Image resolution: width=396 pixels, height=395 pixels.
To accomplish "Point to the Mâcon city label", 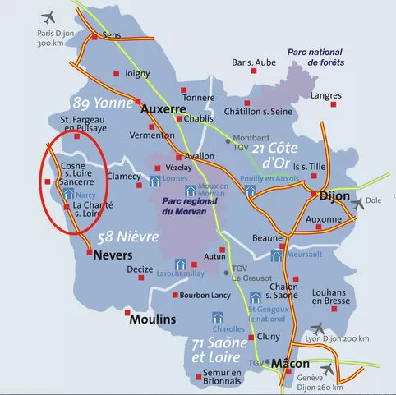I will point(290,362).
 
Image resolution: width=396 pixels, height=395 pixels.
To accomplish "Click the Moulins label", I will point(153,319).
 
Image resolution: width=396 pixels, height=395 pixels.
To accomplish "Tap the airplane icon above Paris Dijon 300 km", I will point(51,16).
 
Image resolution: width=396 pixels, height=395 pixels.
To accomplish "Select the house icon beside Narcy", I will point(68,195).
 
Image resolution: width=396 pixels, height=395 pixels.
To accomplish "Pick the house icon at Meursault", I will point(277,255).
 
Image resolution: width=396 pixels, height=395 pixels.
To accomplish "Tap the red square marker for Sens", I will point(94,37).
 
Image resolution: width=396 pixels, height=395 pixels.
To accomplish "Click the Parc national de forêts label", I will point(315,57).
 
